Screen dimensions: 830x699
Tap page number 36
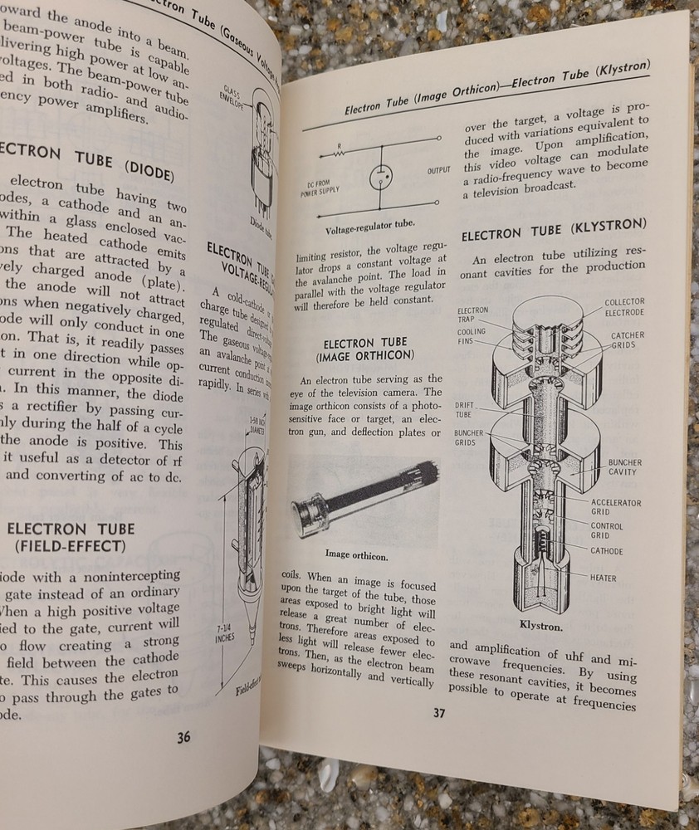click(183, 738)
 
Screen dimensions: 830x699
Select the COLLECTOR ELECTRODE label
click(624, 306)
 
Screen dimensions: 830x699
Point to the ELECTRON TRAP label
click(472, 315)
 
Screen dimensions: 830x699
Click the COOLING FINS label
click(471, 336)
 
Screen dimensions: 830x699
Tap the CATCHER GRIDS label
click(628, 340)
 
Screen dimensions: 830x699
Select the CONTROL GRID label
click(607, 530)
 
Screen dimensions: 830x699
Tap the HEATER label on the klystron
click(604, 577)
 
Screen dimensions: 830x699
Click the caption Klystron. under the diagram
click(541, 626)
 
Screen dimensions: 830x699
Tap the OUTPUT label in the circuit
click(439, 170)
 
